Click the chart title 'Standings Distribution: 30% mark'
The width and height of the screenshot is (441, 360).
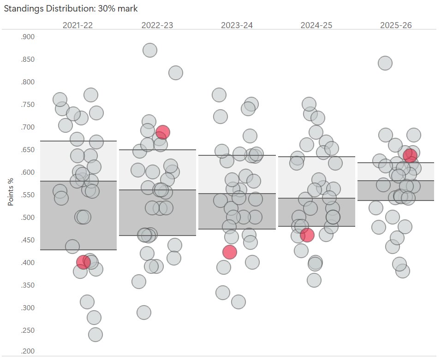click(70, 8)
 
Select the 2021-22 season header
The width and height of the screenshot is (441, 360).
click(77, 25)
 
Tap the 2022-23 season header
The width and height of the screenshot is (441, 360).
click(157, 25)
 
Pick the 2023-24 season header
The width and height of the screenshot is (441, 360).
click(237, 25)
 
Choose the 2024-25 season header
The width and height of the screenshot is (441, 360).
click(316, 25)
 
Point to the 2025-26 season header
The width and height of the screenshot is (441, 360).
click(396, 25)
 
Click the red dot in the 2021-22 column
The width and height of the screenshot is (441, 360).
click(83, 262)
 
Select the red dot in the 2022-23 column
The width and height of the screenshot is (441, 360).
click(162, 132)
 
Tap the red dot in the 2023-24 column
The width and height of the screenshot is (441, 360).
click(229, 252)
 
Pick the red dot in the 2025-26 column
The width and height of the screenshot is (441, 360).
click(410, 155)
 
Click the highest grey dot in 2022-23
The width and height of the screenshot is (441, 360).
click(149, 50)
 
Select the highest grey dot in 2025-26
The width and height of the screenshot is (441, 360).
click(385, 63)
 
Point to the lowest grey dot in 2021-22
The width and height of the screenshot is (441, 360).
click(95, 334)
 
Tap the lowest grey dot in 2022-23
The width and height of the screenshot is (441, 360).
click(143, 312)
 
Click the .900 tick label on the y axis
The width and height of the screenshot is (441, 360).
click(28, 37)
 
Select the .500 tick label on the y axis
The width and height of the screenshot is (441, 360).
click(28, 218)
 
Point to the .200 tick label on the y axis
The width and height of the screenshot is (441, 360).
click(28, 352)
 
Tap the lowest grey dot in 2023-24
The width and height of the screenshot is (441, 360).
click(238, 302)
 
